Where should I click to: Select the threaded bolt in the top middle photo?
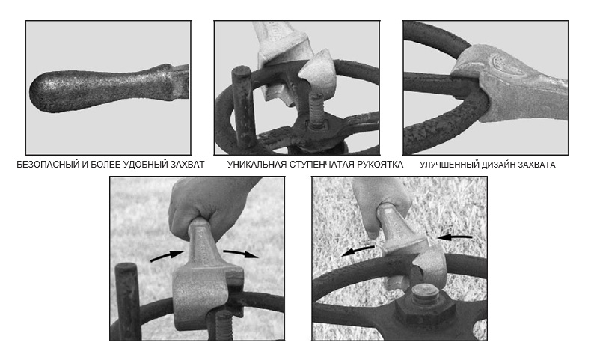(317, 111)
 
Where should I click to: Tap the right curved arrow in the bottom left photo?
(241, 254)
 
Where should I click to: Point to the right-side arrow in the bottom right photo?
(454, 237)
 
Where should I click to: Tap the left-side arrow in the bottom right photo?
(358, 251)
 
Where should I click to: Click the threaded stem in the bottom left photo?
(224, 325)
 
